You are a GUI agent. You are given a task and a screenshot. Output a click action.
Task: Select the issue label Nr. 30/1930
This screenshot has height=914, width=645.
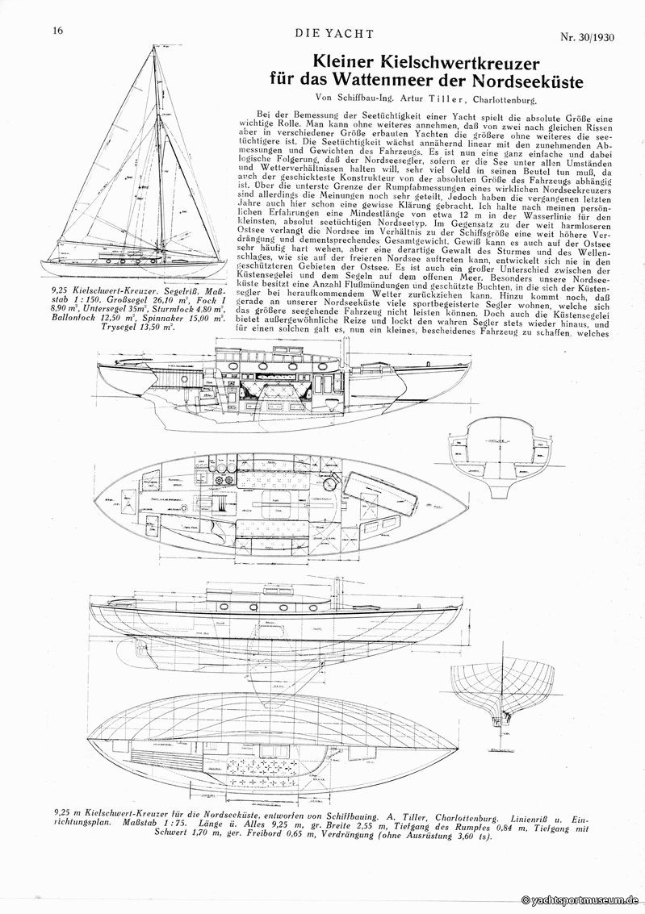(593, 36)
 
